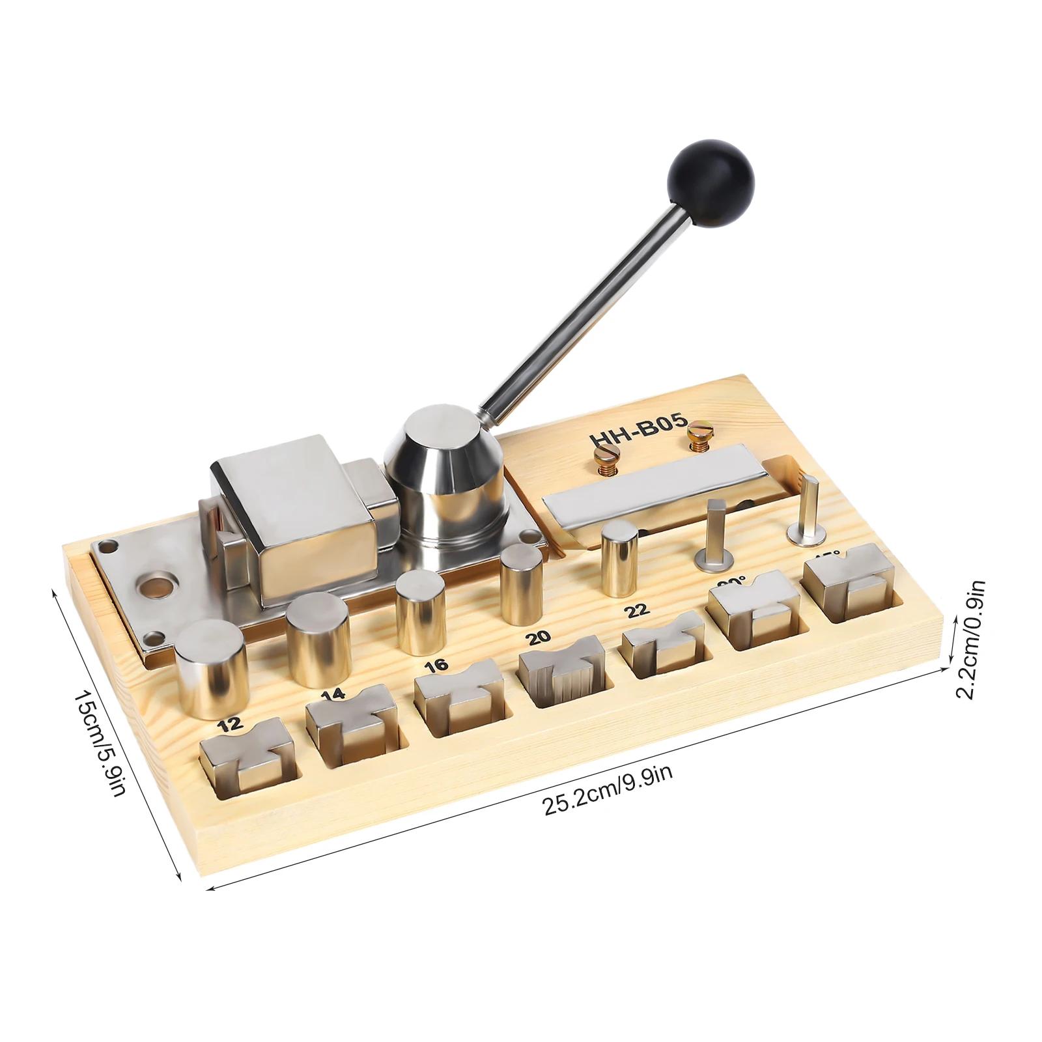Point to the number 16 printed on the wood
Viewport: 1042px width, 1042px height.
[437, 666]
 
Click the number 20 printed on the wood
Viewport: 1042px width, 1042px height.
[540, 636]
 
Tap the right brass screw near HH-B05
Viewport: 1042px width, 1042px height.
[697, 430]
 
